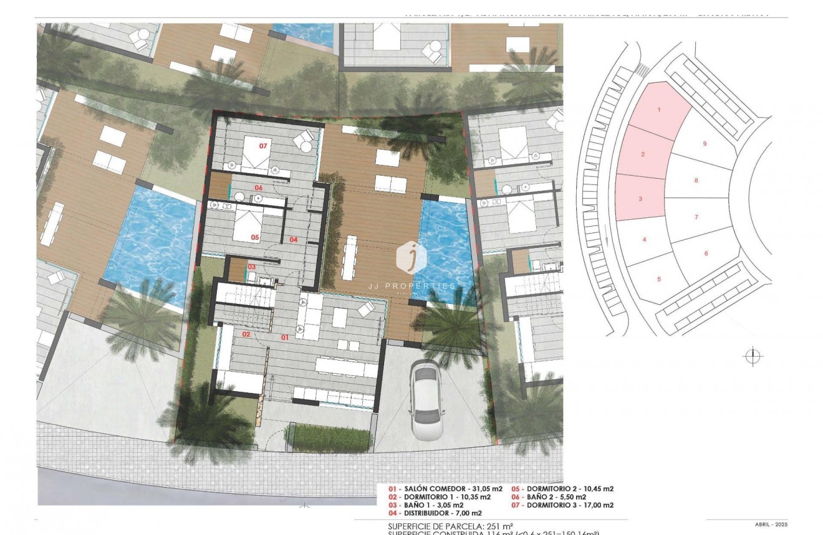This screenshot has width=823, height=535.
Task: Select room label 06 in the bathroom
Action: click(x=257, y=187)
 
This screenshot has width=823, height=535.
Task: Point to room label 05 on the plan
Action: click(x=254, y=237)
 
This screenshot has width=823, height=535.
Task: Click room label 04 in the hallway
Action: click(x=293, y=239)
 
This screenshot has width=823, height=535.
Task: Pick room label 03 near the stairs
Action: click(x=252, y=267)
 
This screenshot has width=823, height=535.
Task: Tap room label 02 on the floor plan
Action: click(x=246, y=334)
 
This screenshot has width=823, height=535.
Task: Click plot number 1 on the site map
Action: click(x=659, y=110)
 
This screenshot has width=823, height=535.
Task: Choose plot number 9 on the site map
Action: click(x=705, y=144)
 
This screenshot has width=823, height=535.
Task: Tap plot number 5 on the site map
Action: click(x=659, y=279)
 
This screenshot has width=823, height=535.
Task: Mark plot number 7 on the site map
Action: click(x=696, y=217)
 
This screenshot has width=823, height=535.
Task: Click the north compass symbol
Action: click(x=753, y=356)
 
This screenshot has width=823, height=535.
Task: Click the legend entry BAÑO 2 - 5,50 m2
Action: click(x=549, y=497)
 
